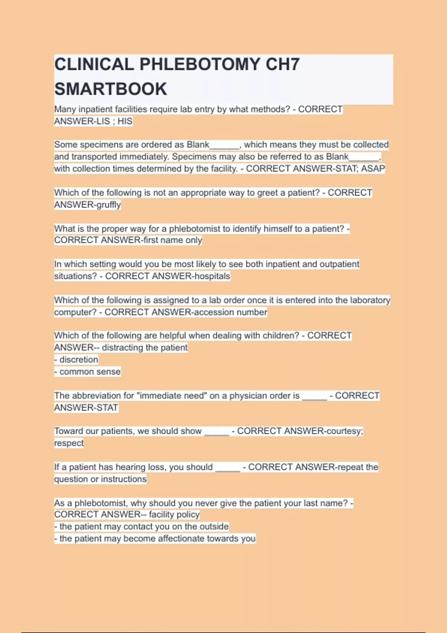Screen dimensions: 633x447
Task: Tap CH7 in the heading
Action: pyautogui.click(x=282, y=64)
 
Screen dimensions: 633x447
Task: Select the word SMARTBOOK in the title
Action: pyautogui.click(x=111, y=89)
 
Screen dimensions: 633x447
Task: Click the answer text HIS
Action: pyautogui.click(x=125, y=121)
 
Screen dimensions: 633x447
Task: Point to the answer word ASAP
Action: pyautogui.click(x=373, y=169)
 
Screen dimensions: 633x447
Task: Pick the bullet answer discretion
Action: pyautogui.click(x=79, y=360)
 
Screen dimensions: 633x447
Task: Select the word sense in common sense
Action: pyautogui.click(x=108, y=372)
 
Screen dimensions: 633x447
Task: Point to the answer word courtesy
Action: pyautogui.click(x=344, y=431)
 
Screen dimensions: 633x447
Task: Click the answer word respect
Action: pyautogui.click(x=69, y=443)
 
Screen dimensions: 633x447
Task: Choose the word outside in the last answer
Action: pyautogui.click(x=214, y=527)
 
